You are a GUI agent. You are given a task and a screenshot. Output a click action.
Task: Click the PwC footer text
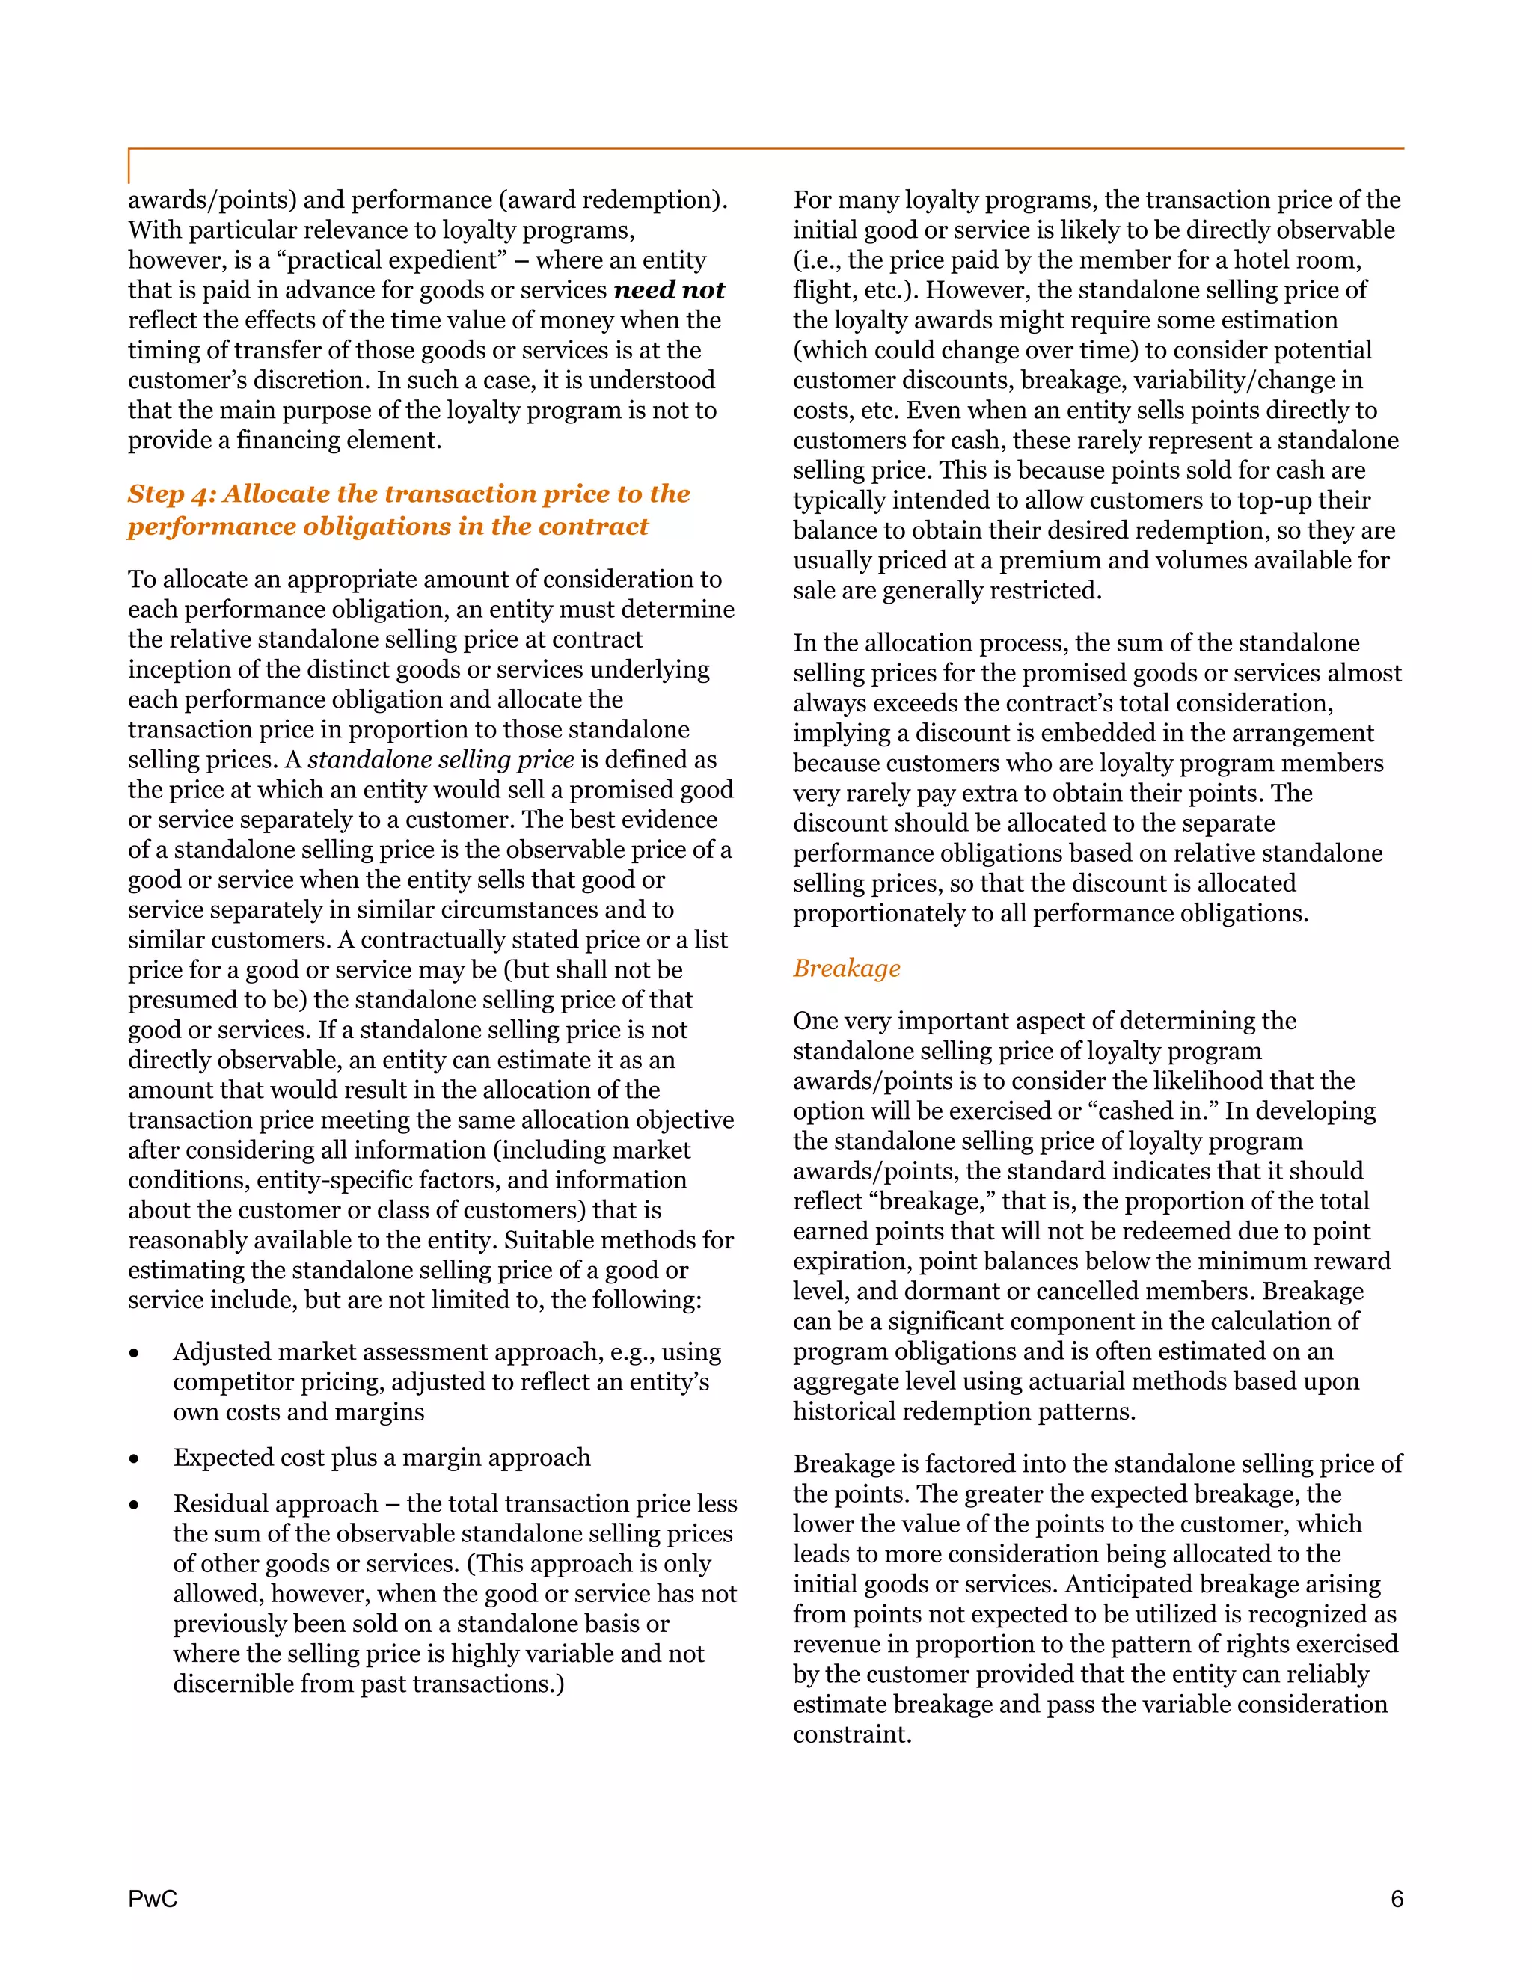(x=153, y=1900)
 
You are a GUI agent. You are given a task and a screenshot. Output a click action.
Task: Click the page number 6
(x=1397, y=1900)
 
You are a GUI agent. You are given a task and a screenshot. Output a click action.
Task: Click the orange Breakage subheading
(x=846, y=969)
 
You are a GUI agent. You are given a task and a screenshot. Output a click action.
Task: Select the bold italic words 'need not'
(x=669, y=290)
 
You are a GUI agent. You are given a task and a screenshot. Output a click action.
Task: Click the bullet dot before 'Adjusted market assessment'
(x=135, y=1354)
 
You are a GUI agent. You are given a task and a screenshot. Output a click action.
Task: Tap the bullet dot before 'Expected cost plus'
(x=135, y=1459)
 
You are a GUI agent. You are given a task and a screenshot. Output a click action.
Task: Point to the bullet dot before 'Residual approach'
(x=135, y=1505)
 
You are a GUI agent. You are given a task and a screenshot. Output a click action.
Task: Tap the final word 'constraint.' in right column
(x=851, y=1734)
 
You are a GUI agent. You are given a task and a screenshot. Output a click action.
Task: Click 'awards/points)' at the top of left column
(x=212, y=200)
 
